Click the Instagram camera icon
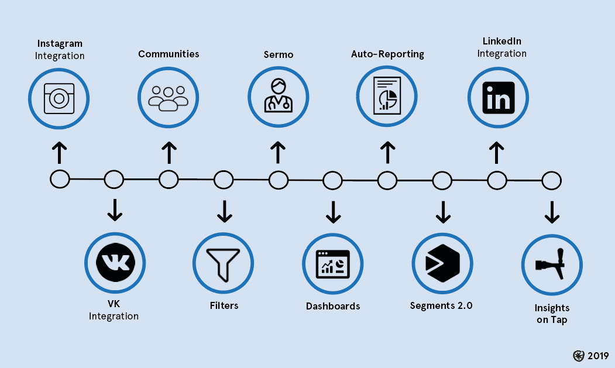pyautogui.click(x=59, y=97)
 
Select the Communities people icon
pyautogui.click(x=169, y=97)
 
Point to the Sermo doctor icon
pyautogui.click(x=278, y=97)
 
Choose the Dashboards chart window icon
pyautogui.click(x=332, y=264)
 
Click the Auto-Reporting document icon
pyautogui.click(x=387, y=96)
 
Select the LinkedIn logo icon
pyautogui.click(x=498, y=97)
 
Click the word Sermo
pyautogui.click(x=278, y=55)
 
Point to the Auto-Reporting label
pyautogui.click(x=387, y=54)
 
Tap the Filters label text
pyautogui.click(x=224, y=305)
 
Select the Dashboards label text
pyautogui.click(x=333, y=306)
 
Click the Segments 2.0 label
pyautogui.click(x=441, y=305)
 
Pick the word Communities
pyautogui.click(x=169, y=54)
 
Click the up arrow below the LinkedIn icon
pyautogui.click(x=497, y=153)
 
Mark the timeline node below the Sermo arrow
pyautogui.click(x=278, y=179)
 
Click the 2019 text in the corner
pyautogui.click(x=598, y=356)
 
